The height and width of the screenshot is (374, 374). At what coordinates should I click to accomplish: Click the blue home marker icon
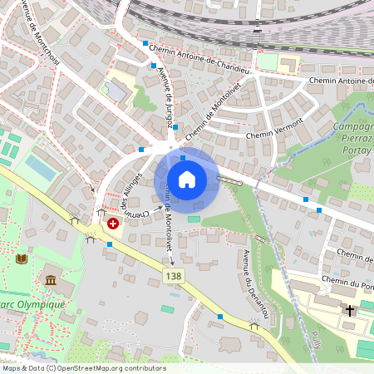(x=187, y=180)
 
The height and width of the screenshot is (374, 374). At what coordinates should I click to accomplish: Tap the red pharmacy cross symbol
(x=111, y=224)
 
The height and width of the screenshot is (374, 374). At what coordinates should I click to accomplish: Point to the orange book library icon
(x=22, y=258)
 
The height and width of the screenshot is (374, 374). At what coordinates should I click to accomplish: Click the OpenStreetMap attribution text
(x=83, y=368)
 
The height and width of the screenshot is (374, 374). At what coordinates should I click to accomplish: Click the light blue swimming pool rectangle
(x=40, y=166)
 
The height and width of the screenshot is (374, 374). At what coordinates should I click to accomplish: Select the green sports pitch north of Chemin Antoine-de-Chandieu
(x=267, y=61)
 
